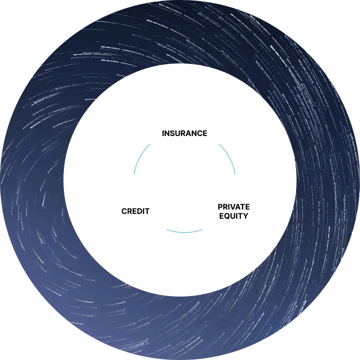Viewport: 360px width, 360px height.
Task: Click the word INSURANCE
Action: click(185, 133)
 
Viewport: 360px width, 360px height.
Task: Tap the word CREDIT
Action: click(136, 211)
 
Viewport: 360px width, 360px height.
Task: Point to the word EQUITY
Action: click(234, 216)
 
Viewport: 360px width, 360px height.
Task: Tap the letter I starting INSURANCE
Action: click(163, 133)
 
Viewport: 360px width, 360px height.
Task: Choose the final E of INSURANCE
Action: click(205, 133)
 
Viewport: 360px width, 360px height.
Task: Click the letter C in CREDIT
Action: click(124, 211)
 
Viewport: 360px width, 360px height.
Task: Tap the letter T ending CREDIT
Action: click(147, 211)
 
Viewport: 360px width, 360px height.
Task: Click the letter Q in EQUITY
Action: click(226, 216)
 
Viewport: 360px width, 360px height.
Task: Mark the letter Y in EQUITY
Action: click(245, 216)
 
